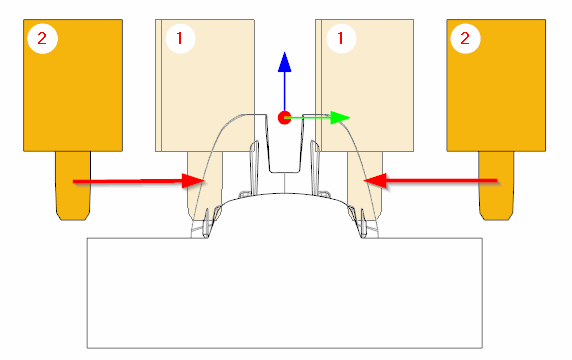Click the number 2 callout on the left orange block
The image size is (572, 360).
pos(42,38)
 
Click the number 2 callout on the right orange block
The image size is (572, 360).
pos(465,38)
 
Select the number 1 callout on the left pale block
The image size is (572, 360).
pos(180,38)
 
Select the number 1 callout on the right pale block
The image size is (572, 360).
pos(341,38)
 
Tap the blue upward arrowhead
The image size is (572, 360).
pos(285,61)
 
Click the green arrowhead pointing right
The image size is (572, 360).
pos(340,117)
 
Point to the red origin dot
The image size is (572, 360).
pos(284,118)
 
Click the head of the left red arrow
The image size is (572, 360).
pos(193,181)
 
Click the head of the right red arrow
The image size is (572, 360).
pos(375,180)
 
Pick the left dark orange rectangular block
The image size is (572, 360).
pos(73,85)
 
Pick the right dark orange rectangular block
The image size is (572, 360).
pos(496,85)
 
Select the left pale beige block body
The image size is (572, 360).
pos(205,85)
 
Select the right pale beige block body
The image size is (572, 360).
pos(364,85)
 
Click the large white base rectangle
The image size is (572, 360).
pos(285,293)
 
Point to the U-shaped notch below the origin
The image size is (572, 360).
pos(285,171)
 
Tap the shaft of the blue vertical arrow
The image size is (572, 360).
pos(285,91)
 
